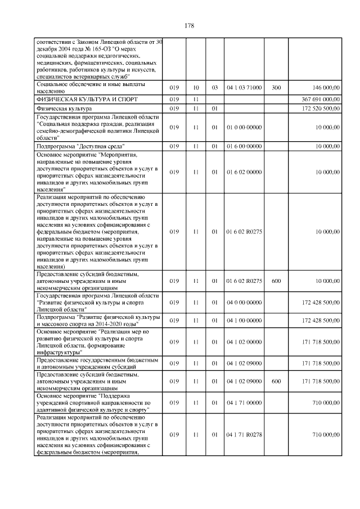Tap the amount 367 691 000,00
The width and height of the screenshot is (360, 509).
(x=318, y=98)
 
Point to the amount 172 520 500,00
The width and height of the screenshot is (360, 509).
(x=319, y=108)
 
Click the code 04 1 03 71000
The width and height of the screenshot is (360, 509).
(x=244, y=88)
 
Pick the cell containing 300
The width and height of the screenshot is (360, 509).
(x=276, y=88)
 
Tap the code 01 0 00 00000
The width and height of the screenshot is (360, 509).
(x=244, y=127)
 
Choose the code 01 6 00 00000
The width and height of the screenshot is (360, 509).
(x=244, y=146)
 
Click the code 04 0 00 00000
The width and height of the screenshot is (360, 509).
(x=244, y=303)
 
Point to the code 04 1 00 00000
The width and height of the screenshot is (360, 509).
(x=244, y=320)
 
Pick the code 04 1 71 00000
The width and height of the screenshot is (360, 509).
(x=244, y=403)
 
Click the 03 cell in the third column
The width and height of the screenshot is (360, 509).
(x=215, y=88)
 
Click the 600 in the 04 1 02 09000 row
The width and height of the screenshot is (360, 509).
(x=276, y=381)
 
